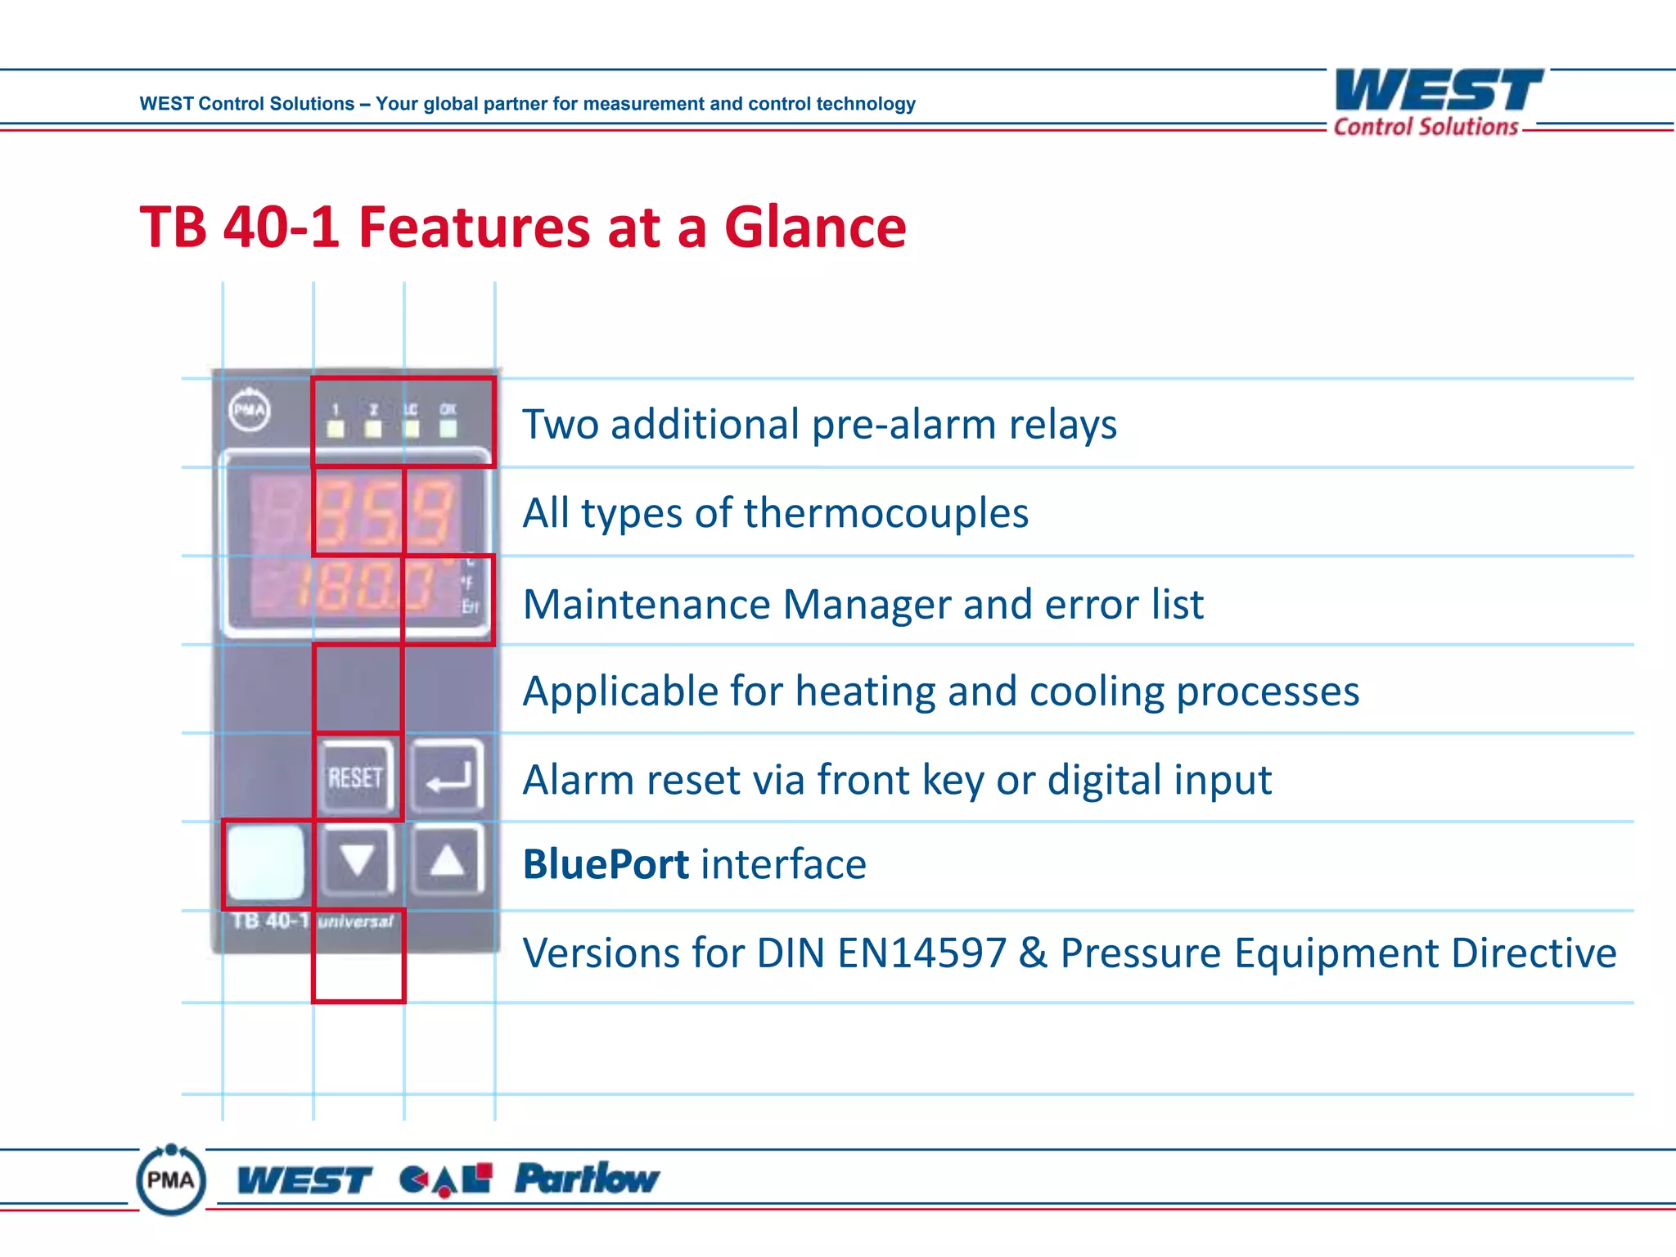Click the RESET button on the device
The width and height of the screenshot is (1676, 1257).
point(356,777)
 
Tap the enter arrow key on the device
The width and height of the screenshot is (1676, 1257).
point(447,777)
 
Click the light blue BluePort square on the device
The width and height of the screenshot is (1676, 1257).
point(264,863)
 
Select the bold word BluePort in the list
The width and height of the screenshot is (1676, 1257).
point(606,864)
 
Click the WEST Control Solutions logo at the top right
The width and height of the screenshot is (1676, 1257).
point(1438,101)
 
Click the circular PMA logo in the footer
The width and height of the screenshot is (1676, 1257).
point(170,1179)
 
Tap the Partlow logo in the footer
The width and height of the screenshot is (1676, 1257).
point(586,1178)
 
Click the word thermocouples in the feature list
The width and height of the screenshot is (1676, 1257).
point(885,513)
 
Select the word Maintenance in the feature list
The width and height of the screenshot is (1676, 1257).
point(647,605)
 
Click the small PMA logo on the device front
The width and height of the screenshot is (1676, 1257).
point(250,409)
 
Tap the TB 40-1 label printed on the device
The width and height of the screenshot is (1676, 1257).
point(269,921)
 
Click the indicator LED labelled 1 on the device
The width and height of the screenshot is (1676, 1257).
point(336,428)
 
